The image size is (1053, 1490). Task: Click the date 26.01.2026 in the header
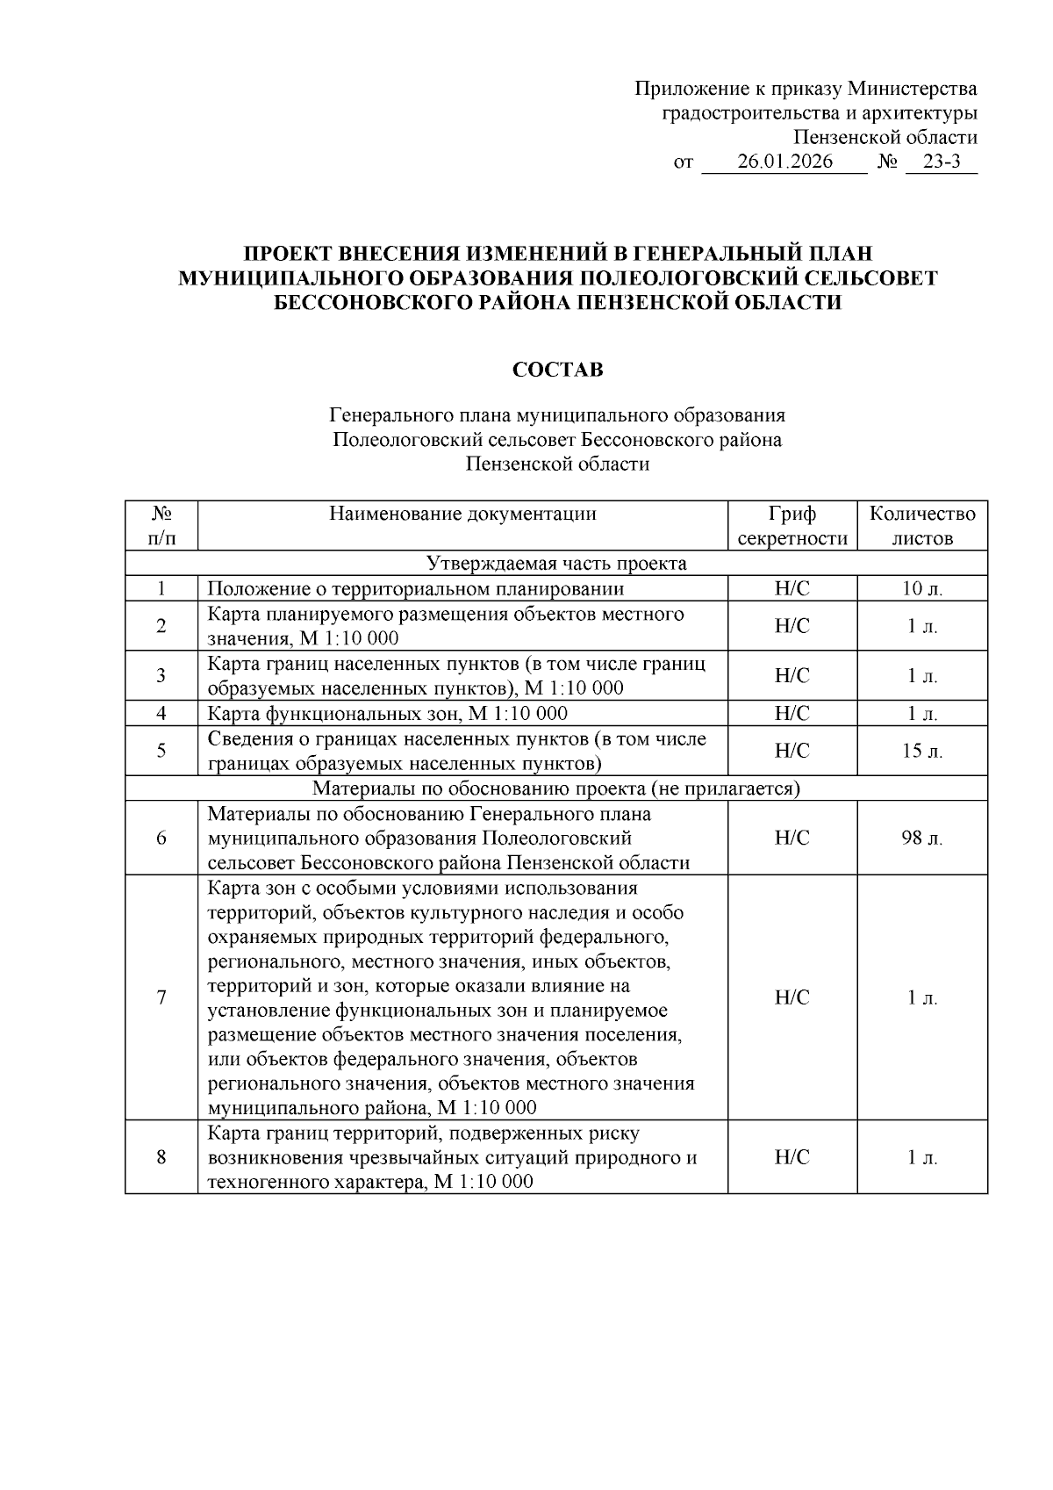[x=784, y=162]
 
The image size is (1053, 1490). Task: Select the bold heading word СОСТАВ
[x=557, y=370]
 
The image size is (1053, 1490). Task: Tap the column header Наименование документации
[x=462, y=514]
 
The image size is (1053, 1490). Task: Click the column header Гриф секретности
[x=792, y=526]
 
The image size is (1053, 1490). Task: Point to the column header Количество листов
[x=922, y=526]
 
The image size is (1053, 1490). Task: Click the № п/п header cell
[x=161, y=526]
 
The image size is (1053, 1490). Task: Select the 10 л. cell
[x=922, y=589]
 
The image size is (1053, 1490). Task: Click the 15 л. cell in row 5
[x=922, y=752]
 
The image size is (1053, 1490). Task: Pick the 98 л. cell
[x=922, y=839]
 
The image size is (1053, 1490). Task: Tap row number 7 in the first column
[x=161, y=998]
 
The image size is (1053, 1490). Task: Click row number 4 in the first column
[x=161, y=714]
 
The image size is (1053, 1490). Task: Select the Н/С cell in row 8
[x=792, y=1158]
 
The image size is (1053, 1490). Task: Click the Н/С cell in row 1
[x=792, y=589]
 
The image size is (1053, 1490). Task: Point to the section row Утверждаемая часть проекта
[x=556, y=564]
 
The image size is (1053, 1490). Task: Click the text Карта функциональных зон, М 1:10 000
[x=387, y=714]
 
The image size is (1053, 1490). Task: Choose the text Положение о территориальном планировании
[x=415, y=589]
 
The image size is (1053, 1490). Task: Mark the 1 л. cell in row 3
[x=922, y=676]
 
